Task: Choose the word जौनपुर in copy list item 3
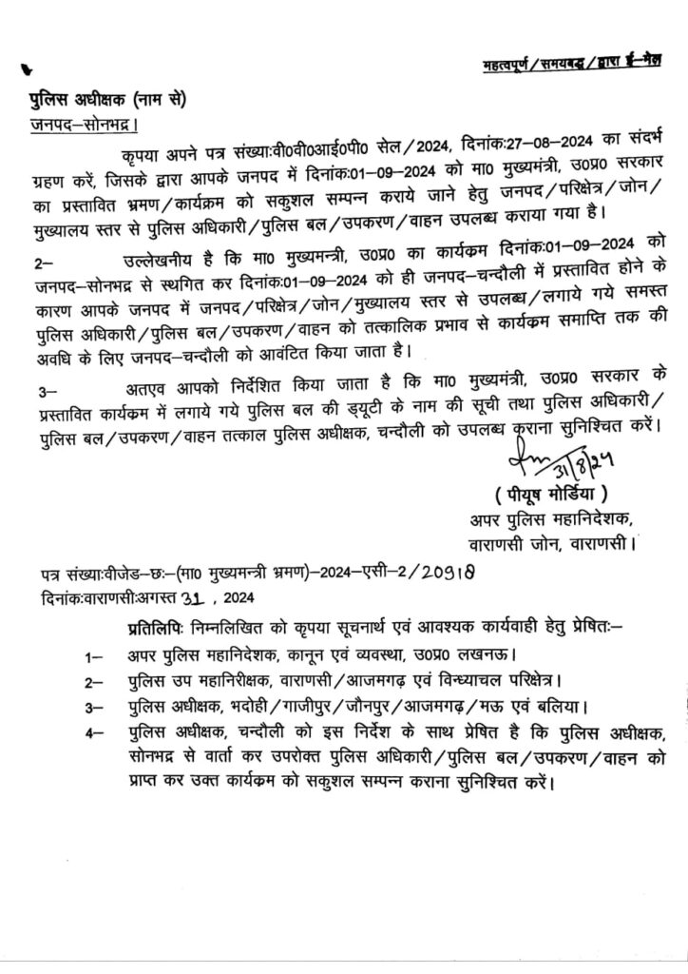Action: pos(372,709)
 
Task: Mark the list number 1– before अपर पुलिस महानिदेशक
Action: pos(92,656)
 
